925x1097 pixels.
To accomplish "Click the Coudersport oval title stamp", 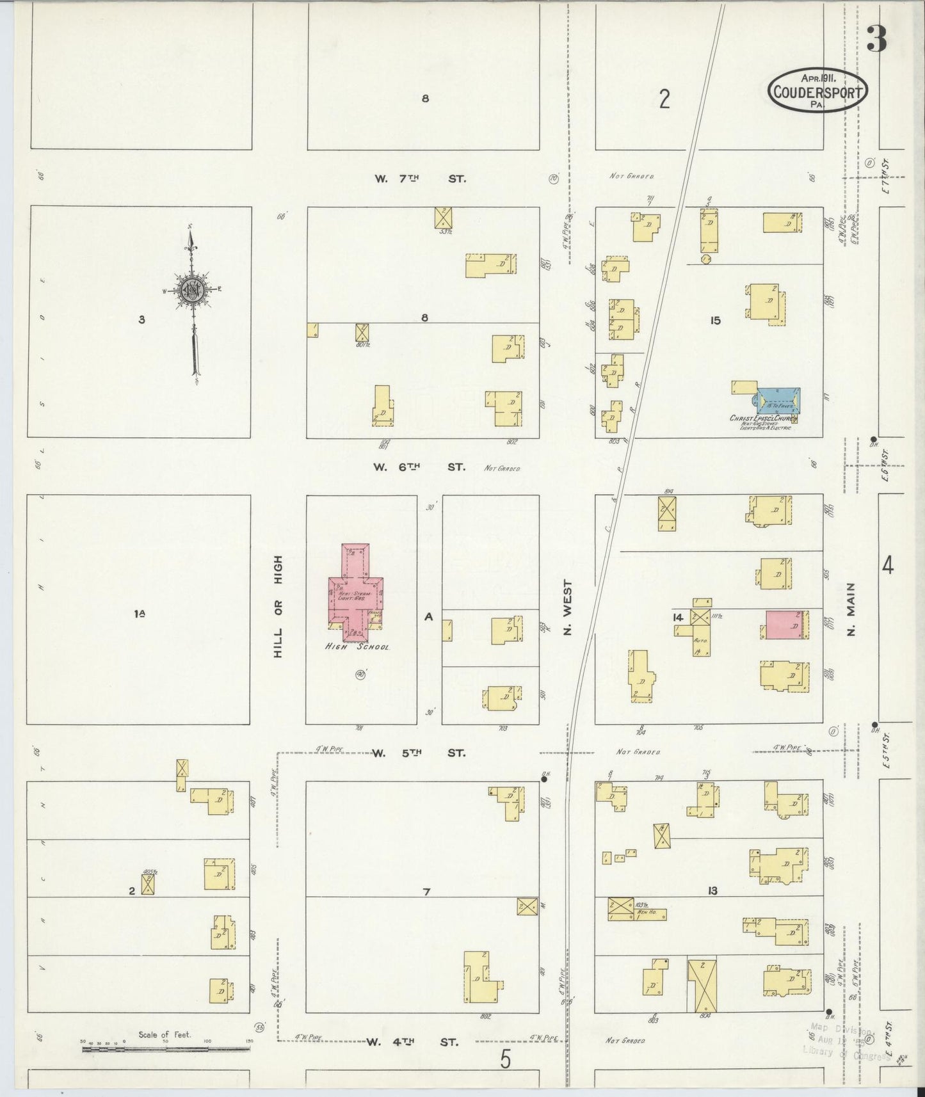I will click(x=817, y=91).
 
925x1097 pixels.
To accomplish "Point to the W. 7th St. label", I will click(x=420, y=179).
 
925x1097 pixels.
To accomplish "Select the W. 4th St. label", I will click(x=412, y=1042).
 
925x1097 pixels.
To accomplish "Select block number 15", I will click(x=715, y=321).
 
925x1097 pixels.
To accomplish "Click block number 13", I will click(x=712, y=891).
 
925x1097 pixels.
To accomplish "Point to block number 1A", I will click(x=140, y=614).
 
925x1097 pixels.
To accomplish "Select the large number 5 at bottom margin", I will click(x=506, y=1060).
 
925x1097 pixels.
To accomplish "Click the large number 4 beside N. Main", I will click(x=888, y=565).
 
